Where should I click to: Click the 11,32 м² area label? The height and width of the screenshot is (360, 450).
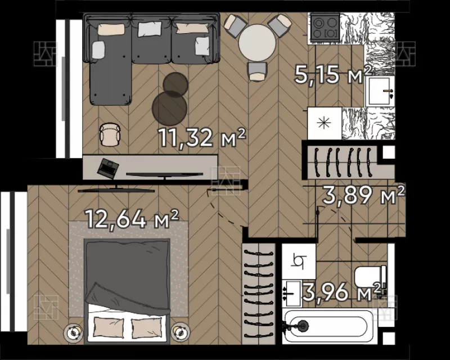(202, 138)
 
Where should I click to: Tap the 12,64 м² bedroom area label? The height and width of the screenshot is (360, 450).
(132, 219)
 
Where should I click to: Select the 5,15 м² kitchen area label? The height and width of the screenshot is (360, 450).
(334, 74)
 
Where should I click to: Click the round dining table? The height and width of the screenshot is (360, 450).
(257, 43)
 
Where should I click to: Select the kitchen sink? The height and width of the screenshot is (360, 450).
(379, 92)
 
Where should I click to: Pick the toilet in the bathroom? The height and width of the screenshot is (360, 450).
(370, 276)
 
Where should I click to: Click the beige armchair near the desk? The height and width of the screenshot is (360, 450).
(110, 134)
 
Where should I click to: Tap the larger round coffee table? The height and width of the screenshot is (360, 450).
(170, 108)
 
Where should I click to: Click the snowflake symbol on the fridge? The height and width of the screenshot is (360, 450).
(324, 123)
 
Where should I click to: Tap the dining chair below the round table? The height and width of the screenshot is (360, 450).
(257, 72)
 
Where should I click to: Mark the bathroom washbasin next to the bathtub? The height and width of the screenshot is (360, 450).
(291, 293)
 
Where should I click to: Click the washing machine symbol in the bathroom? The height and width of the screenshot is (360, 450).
(299, 262)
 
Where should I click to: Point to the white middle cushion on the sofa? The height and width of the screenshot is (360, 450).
(150, 30)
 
